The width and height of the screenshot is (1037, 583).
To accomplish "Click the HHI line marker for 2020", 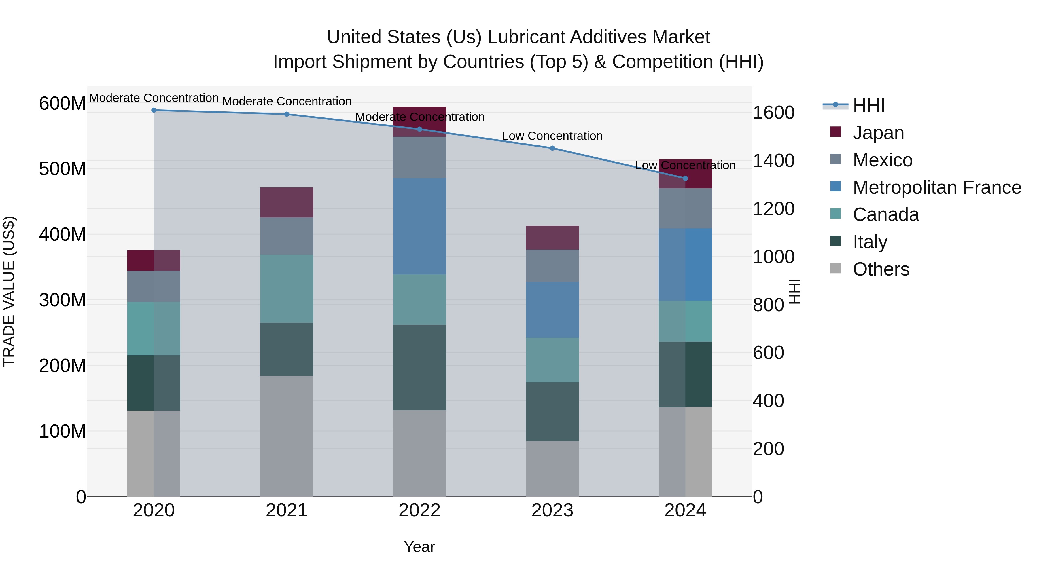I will pyautogui.click(x=154, y=110).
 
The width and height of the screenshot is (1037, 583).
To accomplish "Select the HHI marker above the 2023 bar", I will pyautogui.click(x=552, y=148).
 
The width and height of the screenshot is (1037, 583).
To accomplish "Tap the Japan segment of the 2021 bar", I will pyautogui.click(x=287, y=202).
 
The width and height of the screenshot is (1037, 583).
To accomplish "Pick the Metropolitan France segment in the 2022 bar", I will pyautogui.click(x=419, y=226).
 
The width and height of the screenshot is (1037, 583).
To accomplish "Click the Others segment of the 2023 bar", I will pyautogui.click(x=552, y=468).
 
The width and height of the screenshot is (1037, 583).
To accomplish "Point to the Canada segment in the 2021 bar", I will pyautogui.click(x=287, y=288).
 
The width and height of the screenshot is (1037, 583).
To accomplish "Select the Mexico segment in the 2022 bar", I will pyautogui.click(x=419, y=157).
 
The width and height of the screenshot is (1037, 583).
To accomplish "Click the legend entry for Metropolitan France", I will pyautogui.click(x=936, y=187).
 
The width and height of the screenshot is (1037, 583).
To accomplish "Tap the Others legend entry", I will pyautogui.click(x=881, y=269).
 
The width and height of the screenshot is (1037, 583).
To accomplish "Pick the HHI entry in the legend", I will pyautogui.click(x=868, y=105).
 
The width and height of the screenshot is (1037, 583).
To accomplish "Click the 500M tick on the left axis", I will pyautogui.click(x=63, y=169).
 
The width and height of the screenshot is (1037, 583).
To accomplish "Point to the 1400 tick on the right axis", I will pyautogui.click(x=773, y=161).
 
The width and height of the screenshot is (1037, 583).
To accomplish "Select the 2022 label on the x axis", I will pyautogui.click(x=419, y=510).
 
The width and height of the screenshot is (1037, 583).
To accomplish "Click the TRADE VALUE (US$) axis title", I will pyautogui.click(x=9, y=291).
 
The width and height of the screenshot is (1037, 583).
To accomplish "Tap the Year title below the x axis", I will pyautogui.click(x=419, y=547).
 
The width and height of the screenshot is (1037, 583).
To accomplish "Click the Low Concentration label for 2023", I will pyautogui.click(x=552, y=136).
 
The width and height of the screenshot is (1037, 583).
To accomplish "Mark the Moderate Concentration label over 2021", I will pyautogui.click(x=287, y=101).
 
